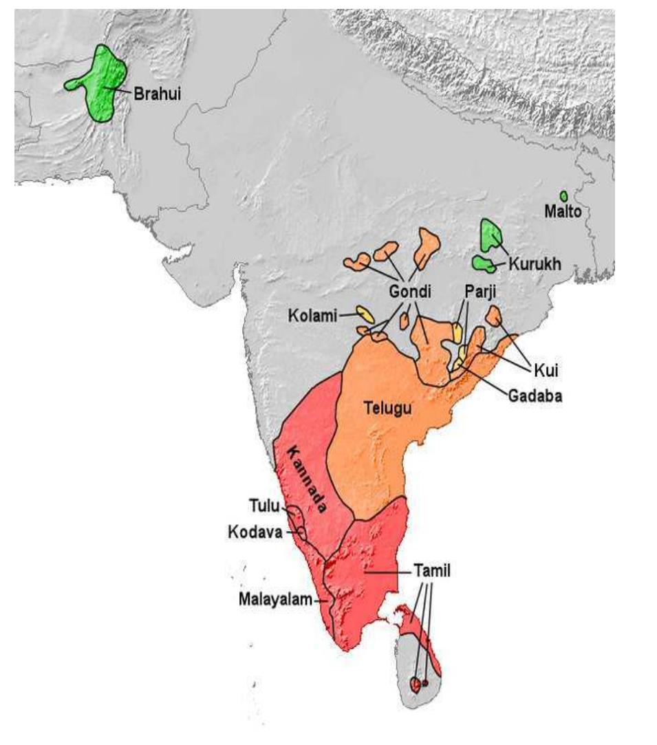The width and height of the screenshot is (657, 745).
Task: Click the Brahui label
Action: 157,94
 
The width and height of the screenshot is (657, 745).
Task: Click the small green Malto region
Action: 563,196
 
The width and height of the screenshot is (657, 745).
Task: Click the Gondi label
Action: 409,291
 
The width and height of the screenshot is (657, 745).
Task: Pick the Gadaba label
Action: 535,396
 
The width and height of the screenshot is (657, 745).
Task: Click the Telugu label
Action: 387,409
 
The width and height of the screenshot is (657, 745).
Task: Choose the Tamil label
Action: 430,571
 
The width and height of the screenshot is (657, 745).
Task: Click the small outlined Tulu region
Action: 294,512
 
